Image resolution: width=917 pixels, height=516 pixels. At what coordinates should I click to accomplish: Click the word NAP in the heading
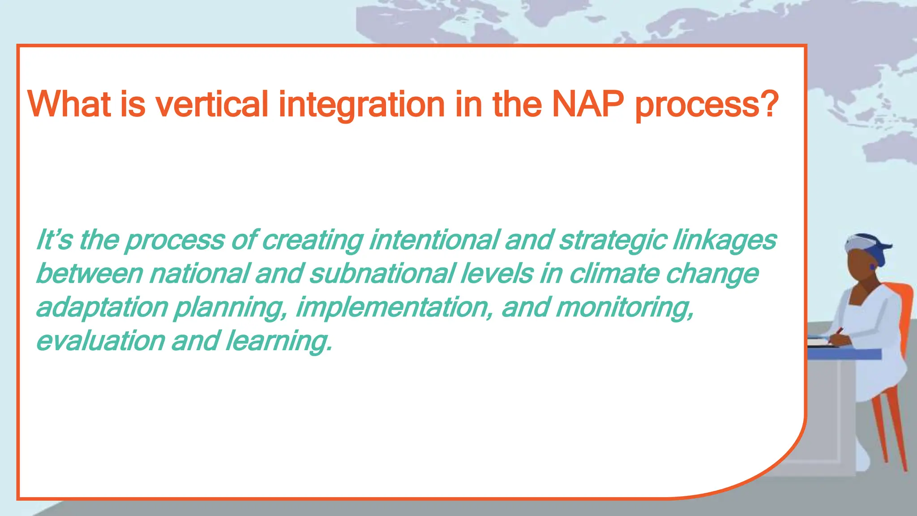pos(587,104)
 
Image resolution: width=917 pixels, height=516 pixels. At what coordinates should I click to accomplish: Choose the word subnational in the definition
pos(382,273)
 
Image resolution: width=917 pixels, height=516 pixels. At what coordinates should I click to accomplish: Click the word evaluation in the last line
pos(101,340)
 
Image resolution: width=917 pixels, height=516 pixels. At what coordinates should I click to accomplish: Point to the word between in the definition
pos(89,273)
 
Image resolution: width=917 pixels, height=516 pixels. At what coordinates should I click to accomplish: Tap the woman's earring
pos(873,267)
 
